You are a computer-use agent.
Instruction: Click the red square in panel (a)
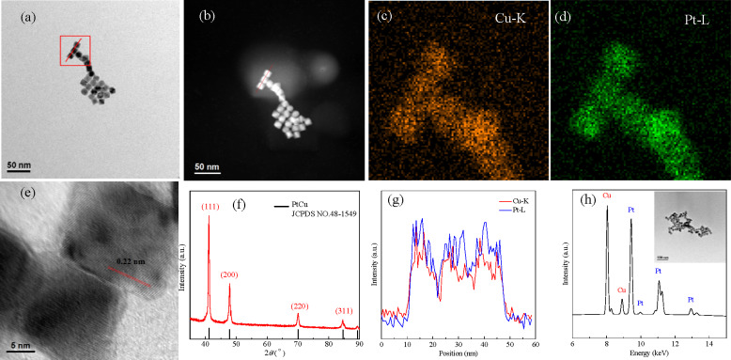(74, 51)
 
